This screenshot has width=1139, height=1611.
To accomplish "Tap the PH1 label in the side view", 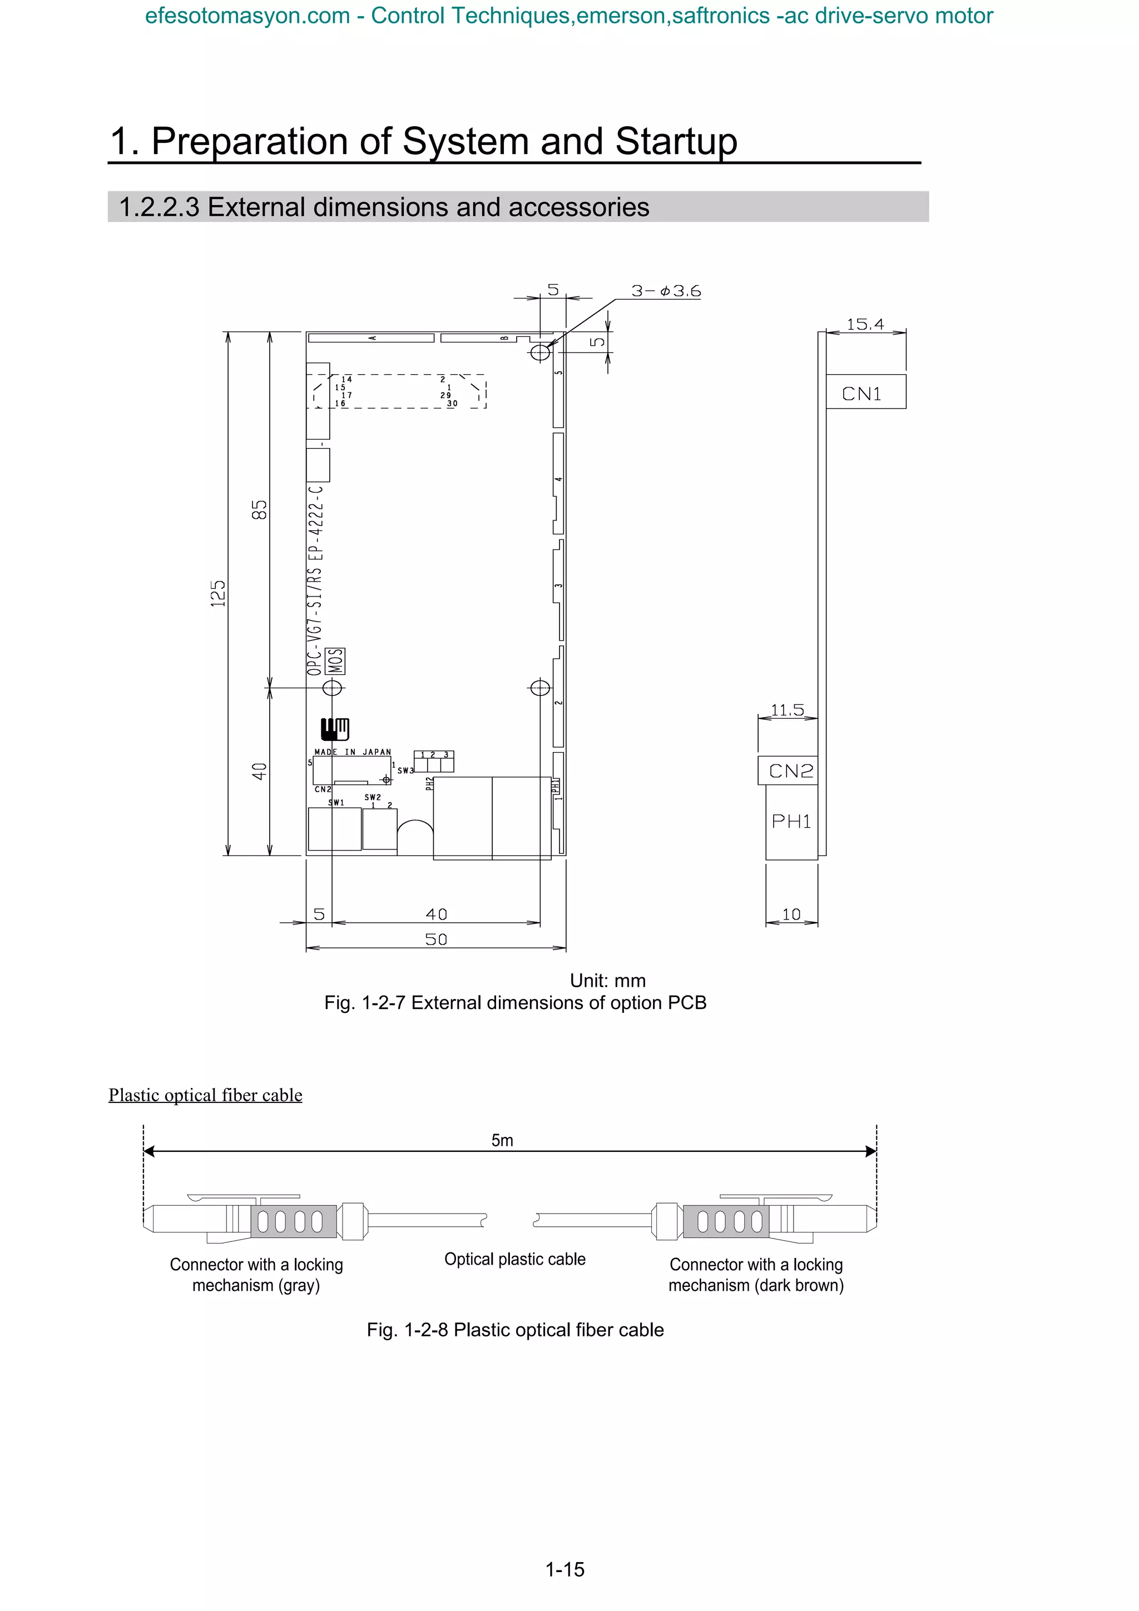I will pos(791,821).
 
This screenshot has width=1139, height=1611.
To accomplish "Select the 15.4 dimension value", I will pos(865,324).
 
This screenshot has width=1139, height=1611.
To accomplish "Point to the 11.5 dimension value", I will pos(787,709).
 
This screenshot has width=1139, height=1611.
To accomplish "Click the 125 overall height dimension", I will pos(218,593).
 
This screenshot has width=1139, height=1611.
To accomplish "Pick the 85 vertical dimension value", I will pos(260,509).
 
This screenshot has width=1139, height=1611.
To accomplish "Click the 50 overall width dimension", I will pos(436,939).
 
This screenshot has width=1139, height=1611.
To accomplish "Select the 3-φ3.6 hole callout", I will pos(665,291).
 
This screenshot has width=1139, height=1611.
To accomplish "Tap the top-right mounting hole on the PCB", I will pos(539,351).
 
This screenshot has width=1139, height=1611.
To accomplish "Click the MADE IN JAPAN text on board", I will pos(352,752).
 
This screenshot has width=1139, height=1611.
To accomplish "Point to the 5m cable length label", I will pos(502,1140).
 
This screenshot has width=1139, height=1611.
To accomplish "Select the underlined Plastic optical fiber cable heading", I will pos(205,1095).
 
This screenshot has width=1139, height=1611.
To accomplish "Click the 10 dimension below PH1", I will pos(791,914).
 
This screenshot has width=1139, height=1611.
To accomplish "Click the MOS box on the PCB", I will pos(336,661).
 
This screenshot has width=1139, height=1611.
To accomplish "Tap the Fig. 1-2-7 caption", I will pos(514,1003).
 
